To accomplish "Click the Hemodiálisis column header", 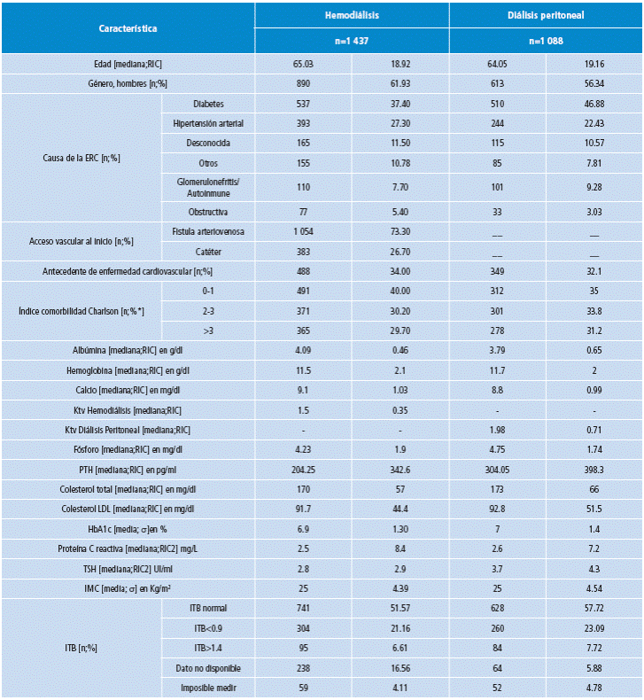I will [352, 16].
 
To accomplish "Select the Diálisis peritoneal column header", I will [545, 16].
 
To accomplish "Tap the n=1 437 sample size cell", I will [352, 41].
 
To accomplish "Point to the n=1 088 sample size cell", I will [545, 41].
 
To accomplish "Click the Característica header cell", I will [128, 28].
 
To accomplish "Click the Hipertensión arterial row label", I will [209, 123].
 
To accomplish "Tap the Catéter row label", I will [209, 251].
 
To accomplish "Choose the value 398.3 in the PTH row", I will [593, 468].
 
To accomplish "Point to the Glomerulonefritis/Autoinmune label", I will [209, 187].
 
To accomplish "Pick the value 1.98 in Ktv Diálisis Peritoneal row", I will [496, 429].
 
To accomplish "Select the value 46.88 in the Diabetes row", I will [593, 104].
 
